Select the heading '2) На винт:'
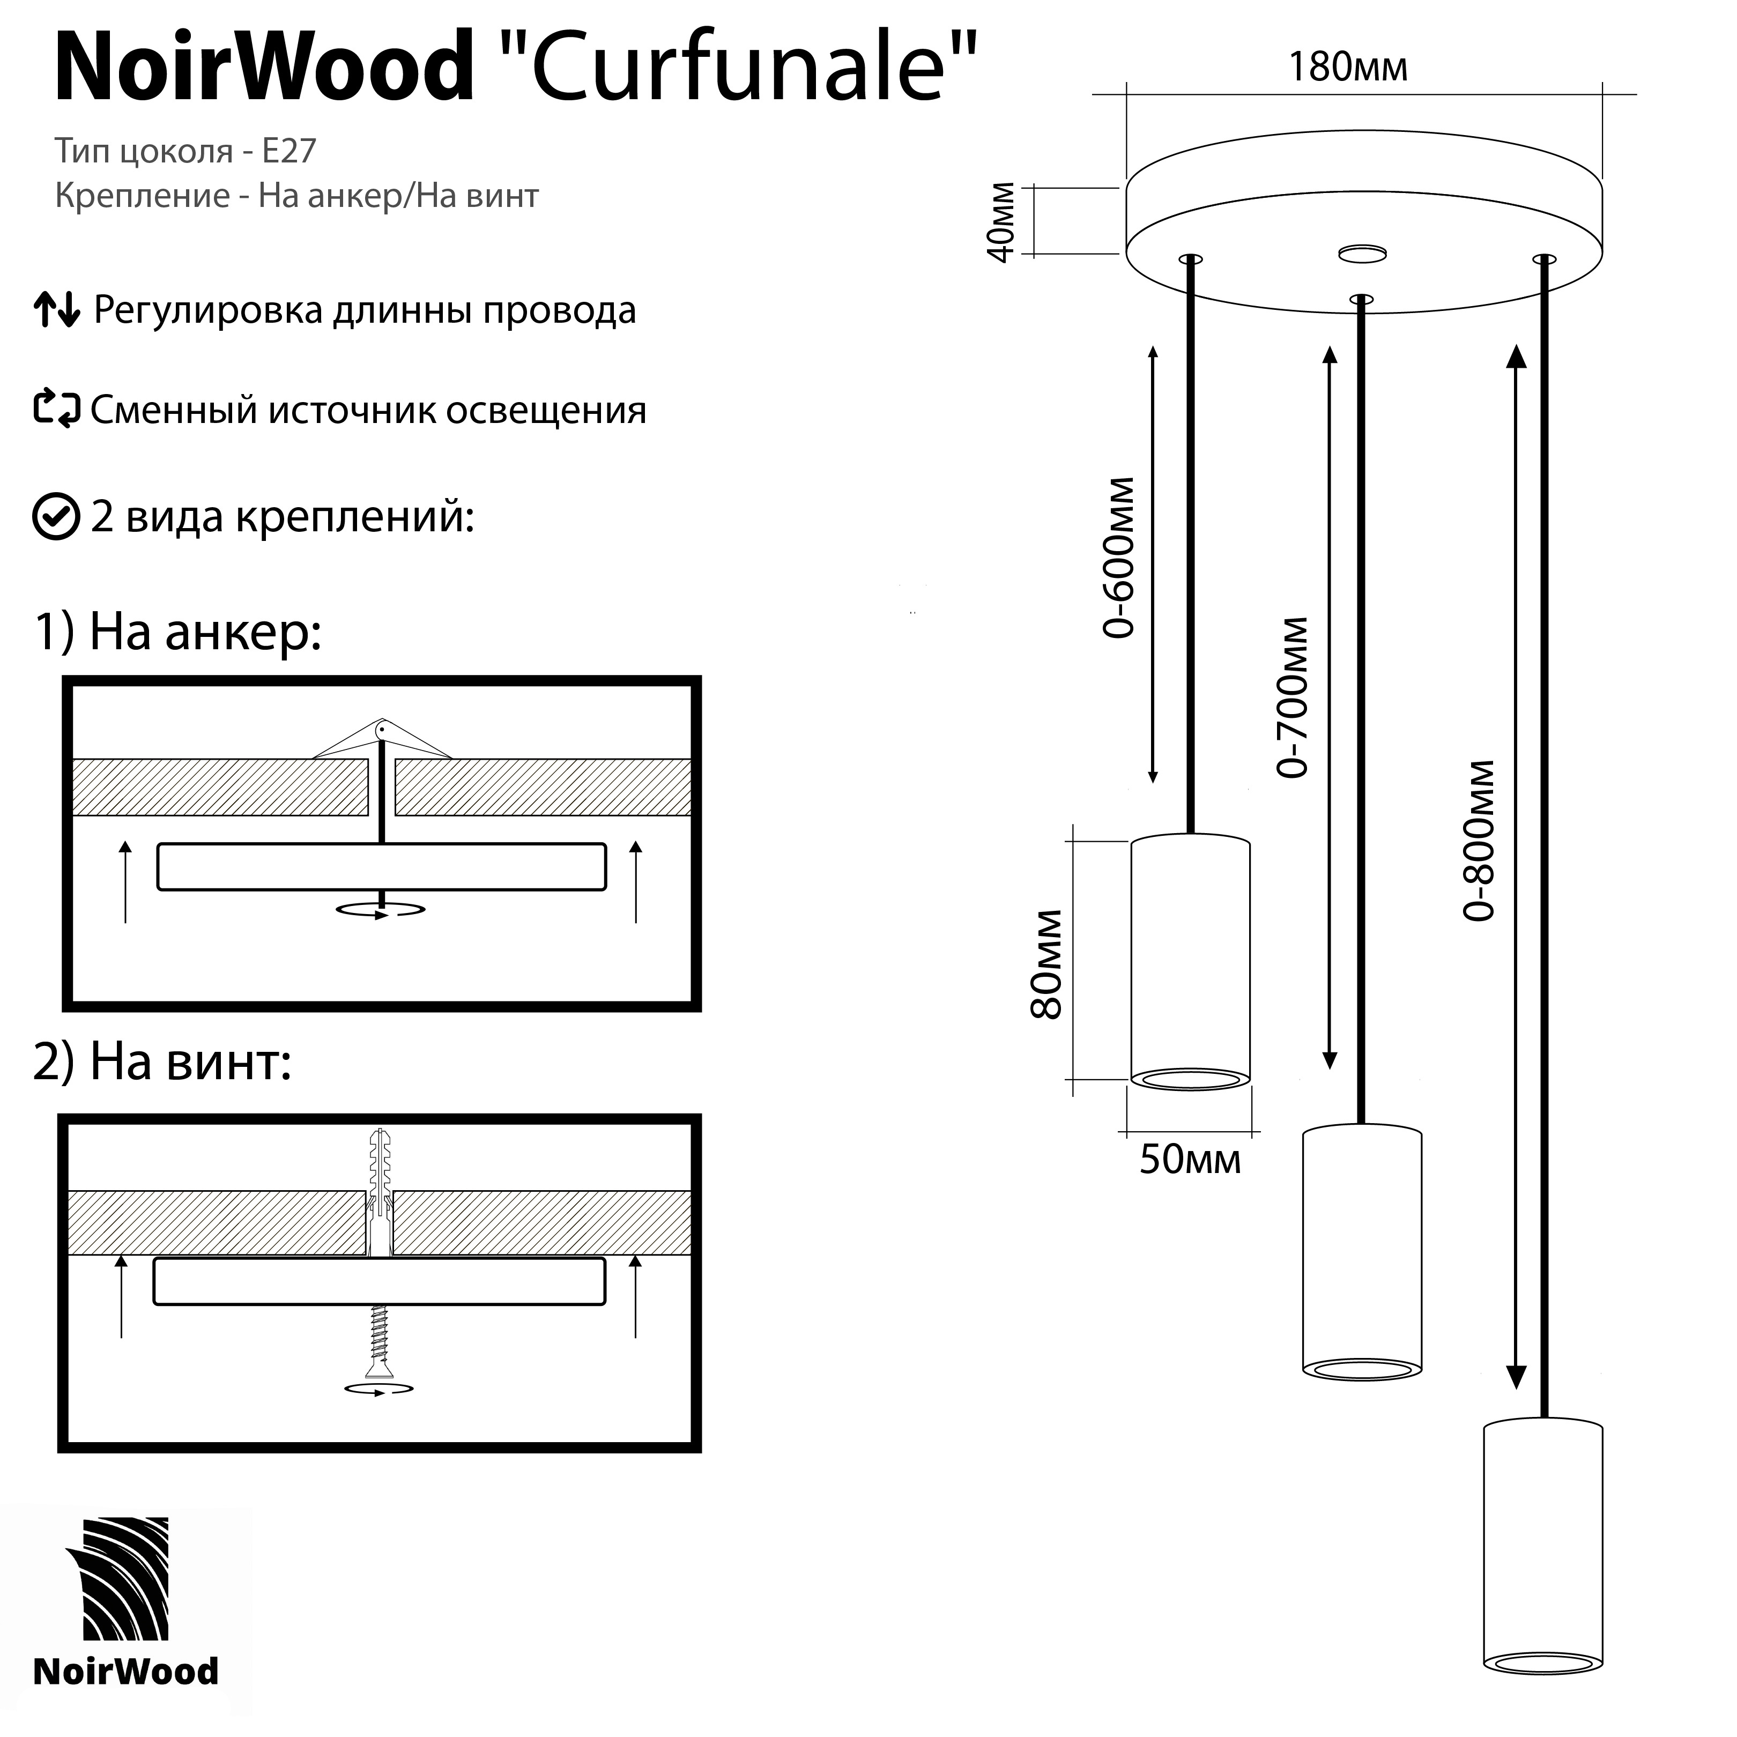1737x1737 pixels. coord(162,1062)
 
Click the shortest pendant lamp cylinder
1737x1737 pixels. coord(1190,962)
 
